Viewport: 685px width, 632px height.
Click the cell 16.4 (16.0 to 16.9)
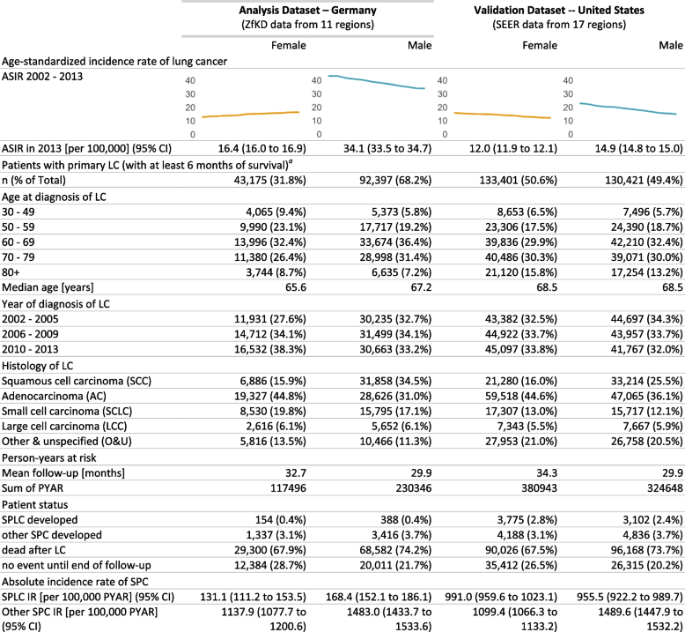[x=259, y=150]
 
